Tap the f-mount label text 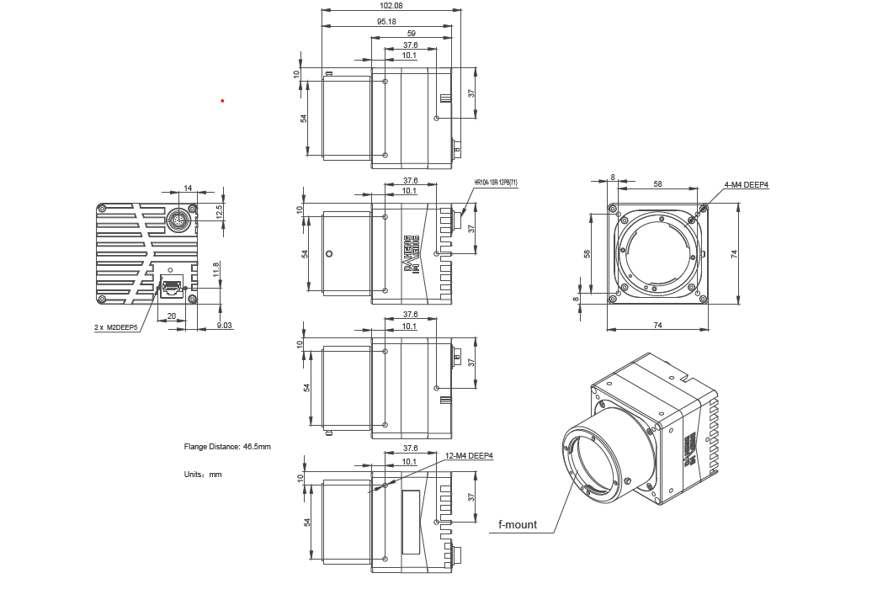click(x=517, y=525)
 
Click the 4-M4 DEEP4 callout click(x=746, y=186)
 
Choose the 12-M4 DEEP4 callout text click(x=469, y=456)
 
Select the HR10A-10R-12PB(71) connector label click(x=496, y=182)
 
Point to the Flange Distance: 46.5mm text click(x=227, y=447)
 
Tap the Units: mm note click(x=203, y=475)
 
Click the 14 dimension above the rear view click(x=187, y=188)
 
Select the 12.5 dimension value click(x=220, y=210)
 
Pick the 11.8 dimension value click(x=216, y=270)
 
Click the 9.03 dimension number click(x=224, y=325)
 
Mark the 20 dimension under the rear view click(x=172, y=317)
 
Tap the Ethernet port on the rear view click(x=172, y=286)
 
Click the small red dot click(x=222, y=101)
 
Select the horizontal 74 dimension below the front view click(x=657, y=324)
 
